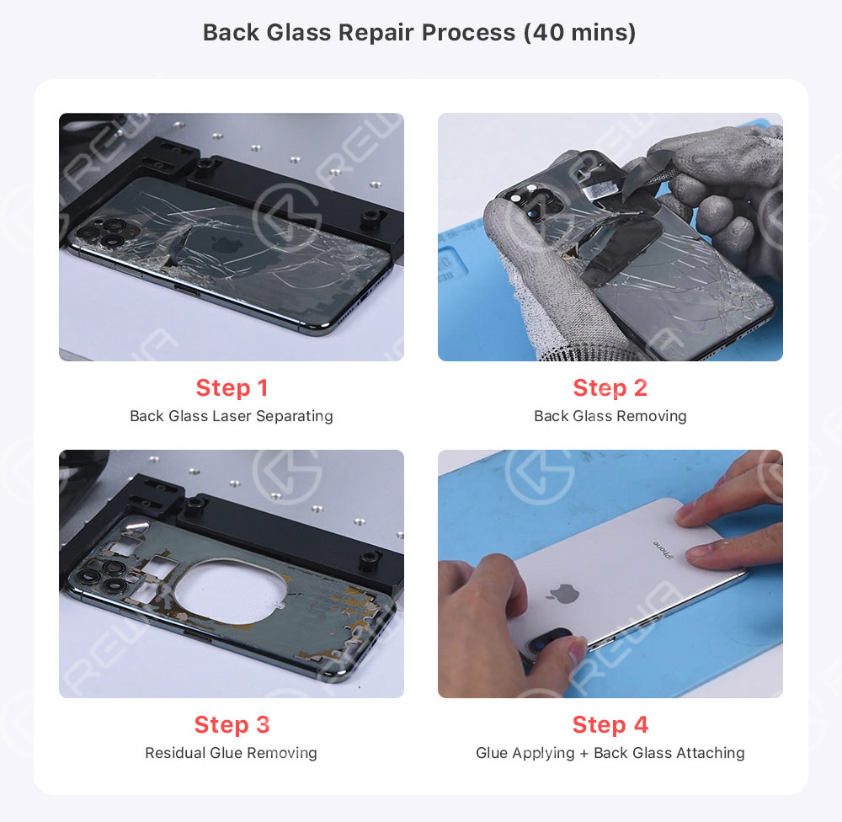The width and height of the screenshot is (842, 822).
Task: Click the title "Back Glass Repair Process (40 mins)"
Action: coord(419,32)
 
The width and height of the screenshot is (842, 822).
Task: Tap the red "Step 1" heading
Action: coord(232,388)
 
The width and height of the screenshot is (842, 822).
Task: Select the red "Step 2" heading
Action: coord(610,388)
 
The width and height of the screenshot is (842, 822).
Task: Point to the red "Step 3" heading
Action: coord(232,725)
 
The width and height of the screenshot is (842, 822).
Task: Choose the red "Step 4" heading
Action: coord(610,725)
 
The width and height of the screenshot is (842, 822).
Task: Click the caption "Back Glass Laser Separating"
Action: coord(232,416)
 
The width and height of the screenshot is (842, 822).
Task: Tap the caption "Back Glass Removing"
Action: coord(610,416)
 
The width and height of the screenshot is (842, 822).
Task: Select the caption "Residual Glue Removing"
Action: coord(231,753)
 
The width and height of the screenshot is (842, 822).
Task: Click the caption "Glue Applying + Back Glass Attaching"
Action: coord(610,753)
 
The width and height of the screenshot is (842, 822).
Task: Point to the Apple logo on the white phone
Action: coord(562,593)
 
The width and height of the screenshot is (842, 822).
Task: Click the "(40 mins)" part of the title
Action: coord(580,32)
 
